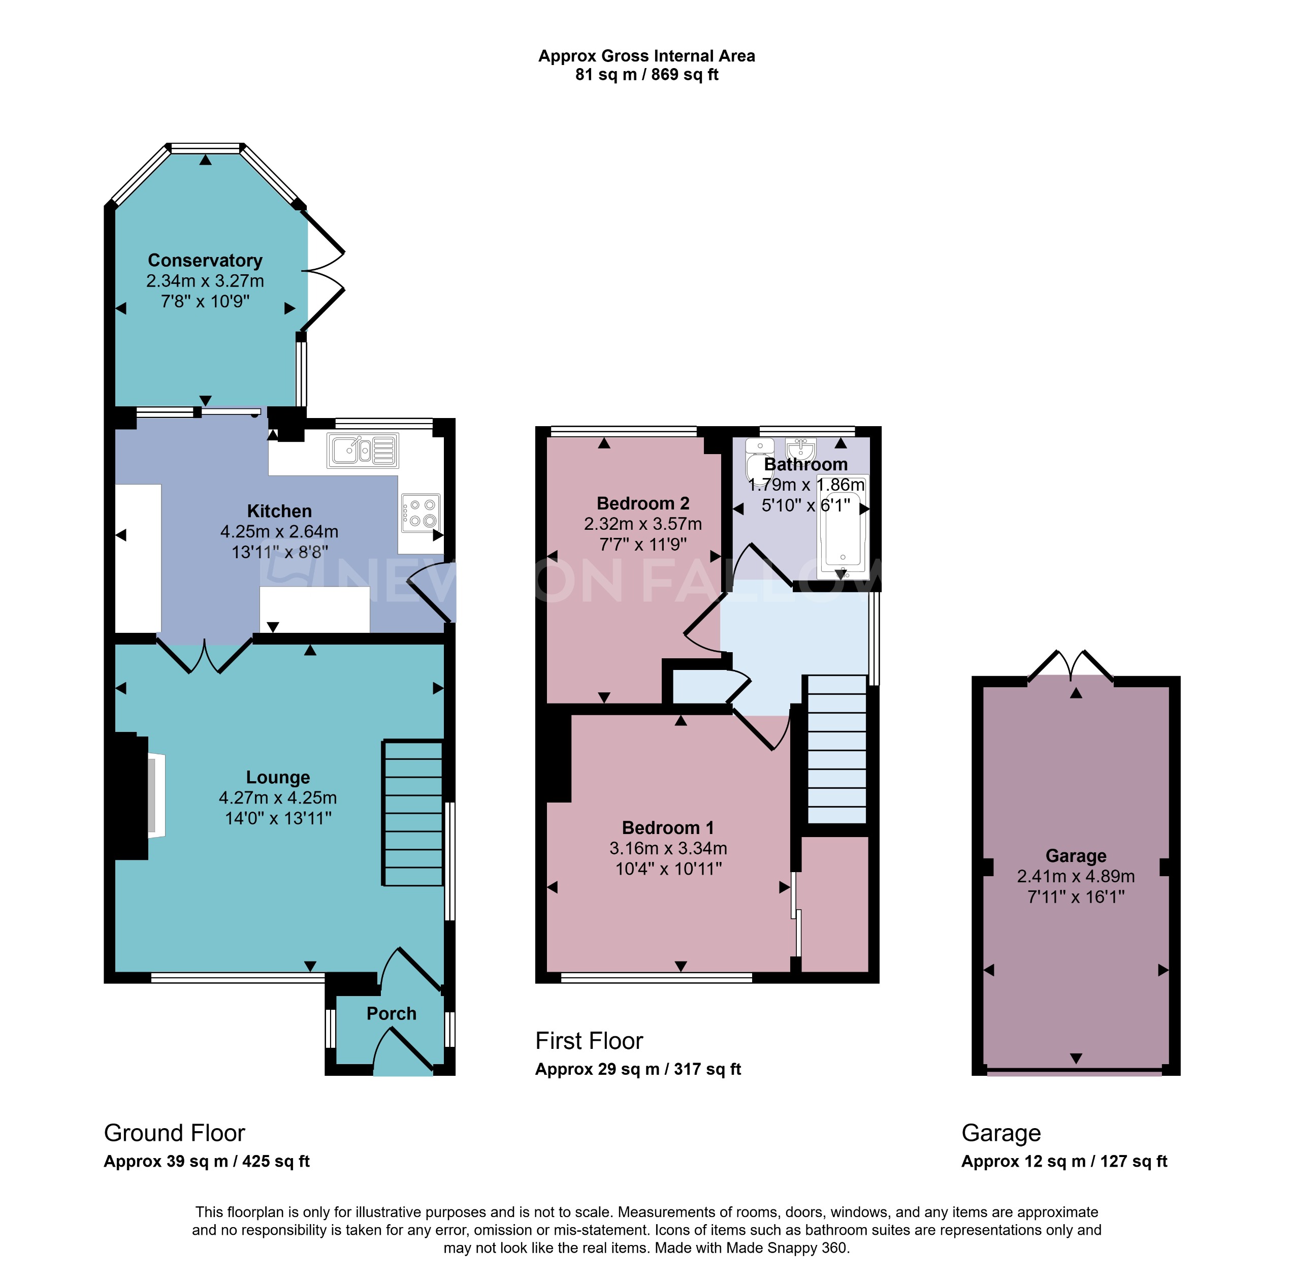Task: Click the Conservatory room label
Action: [205, 260]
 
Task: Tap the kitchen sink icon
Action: [362, 450]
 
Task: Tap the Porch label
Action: [391, 1013]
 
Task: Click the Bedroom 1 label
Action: [668, 827]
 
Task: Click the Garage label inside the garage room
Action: [1075, 855]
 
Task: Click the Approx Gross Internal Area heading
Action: [646, 56]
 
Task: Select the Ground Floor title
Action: [174, 1133]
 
